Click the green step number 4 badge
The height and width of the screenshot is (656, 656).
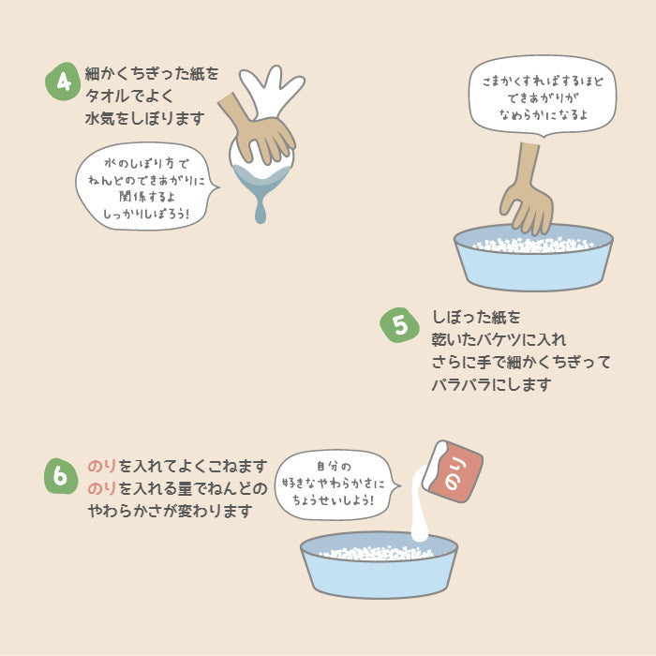[x=63, y=82]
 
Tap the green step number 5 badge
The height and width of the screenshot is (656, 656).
[x=399, y=325]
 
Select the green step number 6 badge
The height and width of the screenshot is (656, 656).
[x=61, y=476]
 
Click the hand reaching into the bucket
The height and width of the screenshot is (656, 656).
[x=528, y=192]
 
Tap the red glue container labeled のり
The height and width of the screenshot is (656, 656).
[x=453, y=471]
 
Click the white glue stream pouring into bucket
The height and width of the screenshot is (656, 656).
[x=418, y=506]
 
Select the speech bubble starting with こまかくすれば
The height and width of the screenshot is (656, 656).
[x=543, y=97]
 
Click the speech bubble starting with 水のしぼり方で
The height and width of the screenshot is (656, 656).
[x=146, y=186]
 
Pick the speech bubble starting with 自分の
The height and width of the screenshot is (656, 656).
[x=336, y=485]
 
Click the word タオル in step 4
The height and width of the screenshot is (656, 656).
[x=107, y=97]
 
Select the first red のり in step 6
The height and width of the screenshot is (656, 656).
[x=101, y=466]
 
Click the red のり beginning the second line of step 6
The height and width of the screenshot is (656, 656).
[x=101, y=488]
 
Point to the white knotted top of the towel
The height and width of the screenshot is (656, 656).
[x=272, y=90]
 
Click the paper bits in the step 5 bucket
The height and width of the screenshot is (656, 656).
[x=533, y=245]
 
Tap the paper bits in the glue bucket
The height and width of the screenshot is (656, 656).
[x=377, y=553]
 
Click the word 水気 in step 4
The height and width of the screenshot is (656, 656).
[x=99, y=118]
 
